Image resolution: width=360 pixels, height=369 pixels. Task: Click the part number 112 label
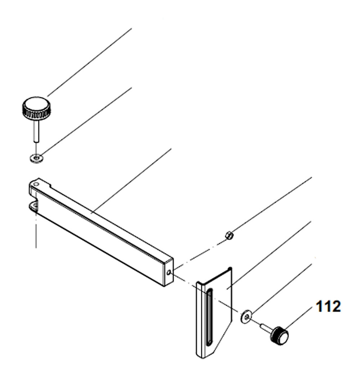tap(328, 307)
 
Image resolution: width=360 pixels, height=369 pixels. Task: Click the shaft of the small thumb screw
tap(266, 327)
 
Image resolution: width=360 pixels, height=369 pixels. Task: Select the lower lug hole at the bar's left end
tap(34, 206)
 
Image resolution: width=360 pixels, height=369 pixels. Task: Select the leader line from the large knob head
tap(90, 61)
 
